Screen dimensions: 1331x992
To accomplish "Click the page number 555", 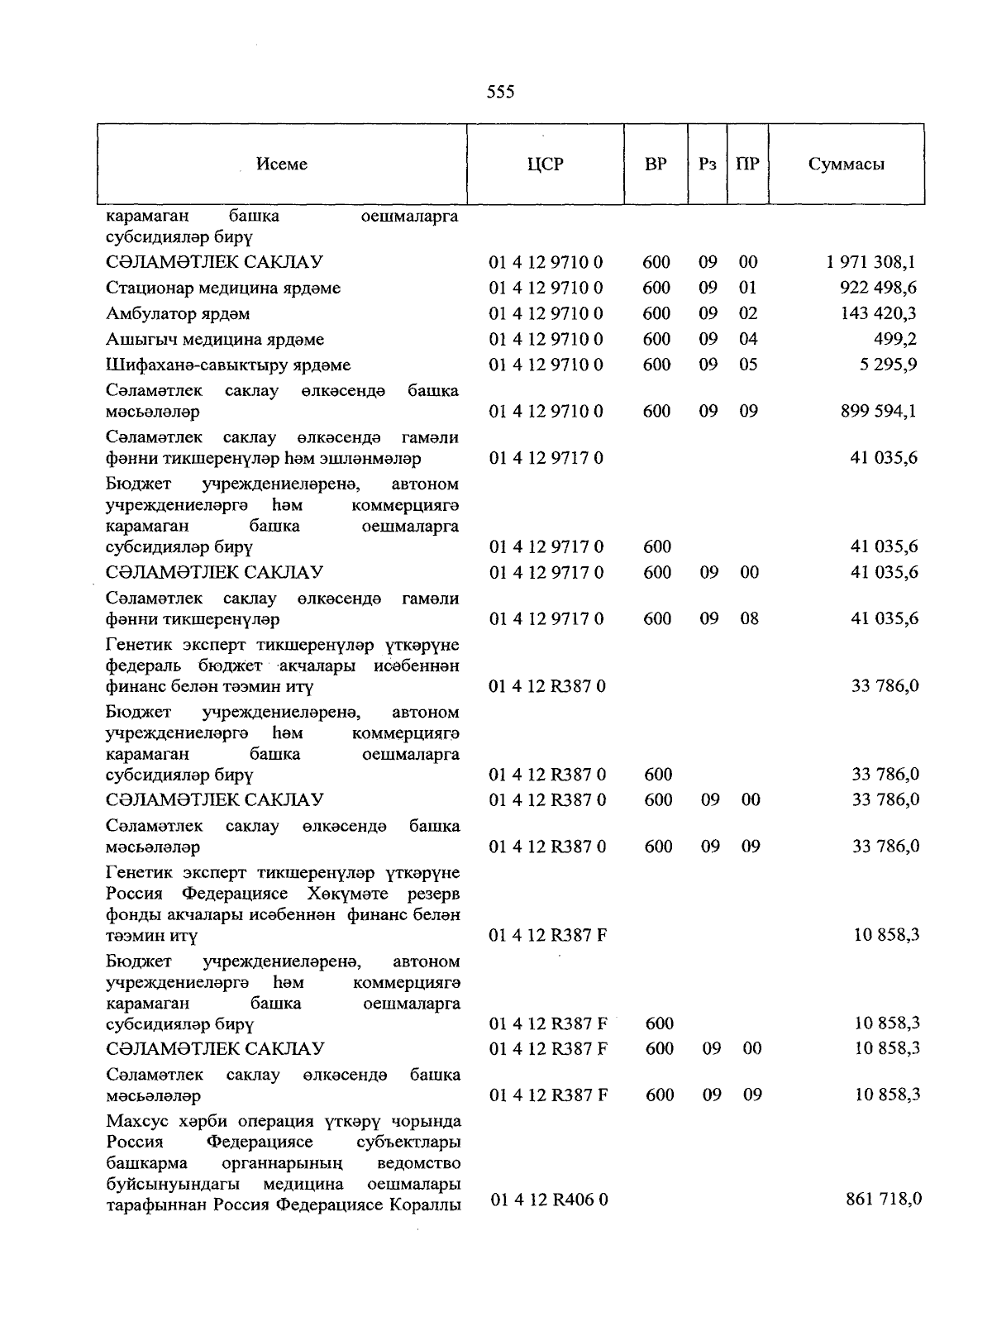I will [501, 92].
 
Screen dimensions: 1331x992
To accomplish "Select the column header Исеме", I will [282, 164].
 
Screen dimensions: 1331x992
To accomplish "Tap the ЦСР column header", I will [545, 164].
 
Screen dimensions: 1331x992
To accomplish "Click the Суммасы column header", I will [847, 164].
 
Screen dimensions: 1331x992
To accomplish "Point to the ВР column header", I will [656, 164].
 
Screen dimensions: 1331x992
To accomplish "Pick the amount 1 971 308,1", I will [870, 263].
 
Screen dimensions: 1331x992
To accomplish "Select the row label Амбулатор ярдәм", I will [178, 314].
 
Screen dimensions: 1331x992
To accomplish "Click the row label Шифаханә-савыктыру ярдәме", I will [228, 365].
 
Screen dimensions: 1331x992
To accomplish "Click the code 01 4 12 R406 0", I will [549, 1199].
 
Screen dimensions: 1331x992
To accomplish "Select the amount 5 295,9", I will [889, 365].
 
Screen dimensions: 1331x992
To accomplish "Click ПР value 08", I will [749, 618].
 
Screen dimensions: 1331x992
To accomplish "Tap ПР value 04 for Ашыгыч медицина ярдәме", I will [748, 339].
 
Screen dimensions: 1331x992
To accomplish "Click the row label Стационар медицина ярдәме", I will [223, 289].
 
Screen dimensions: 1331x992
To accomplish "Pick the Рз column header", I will [707, 164].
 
